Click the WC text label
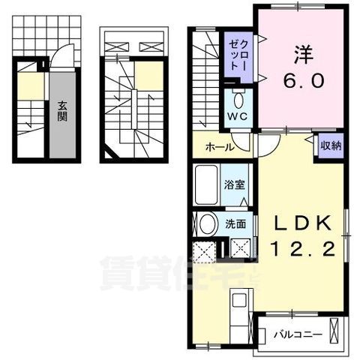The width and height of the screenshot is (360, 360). coord(238,118)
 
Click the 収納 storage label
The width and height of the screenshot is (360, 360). coord(330,145)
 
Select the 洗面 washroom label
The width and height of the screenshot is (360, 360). coord(234,224)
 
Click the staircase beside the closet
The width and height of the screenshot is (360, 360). coord(204,82)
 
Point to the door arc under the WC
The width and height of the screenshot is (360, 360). coord(240,142)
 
